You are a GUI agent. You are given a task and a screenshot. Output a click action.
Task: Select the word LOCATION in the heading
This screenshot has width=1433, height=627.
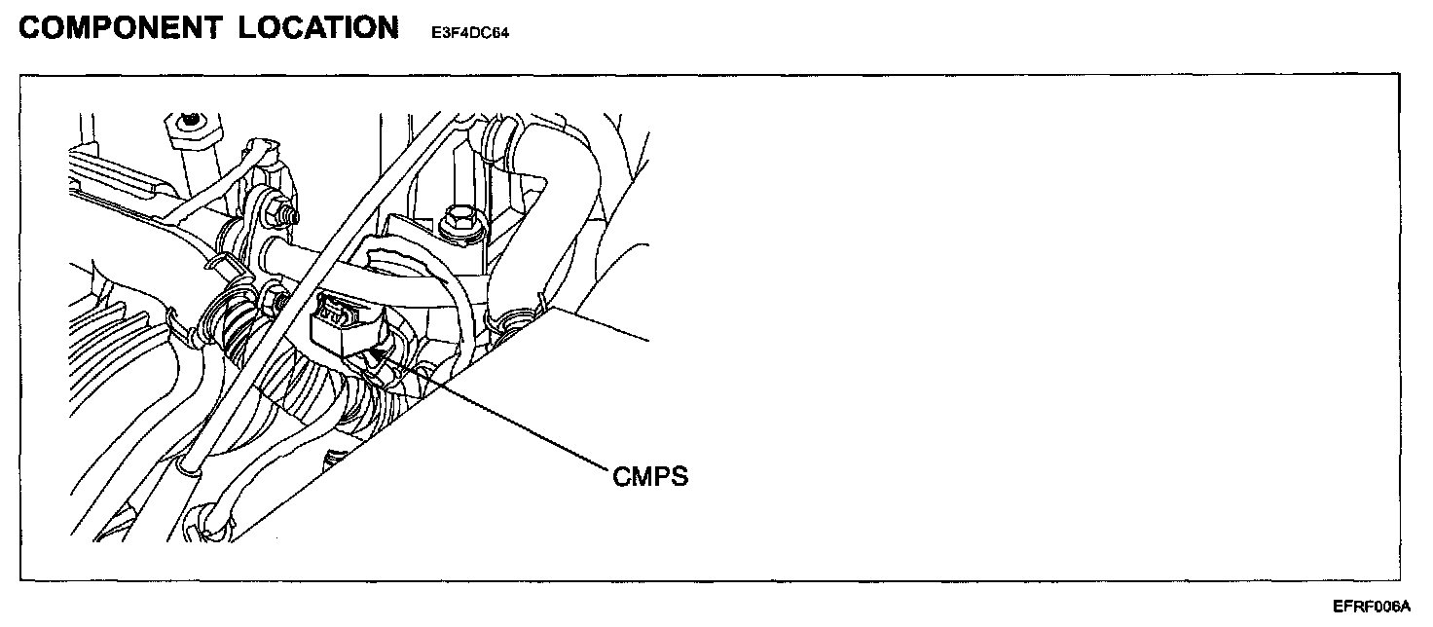coord(316,28)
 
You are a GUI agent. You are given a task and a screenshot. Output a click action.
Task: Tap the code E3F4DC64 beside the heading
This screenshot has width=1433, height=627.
coord(470,32)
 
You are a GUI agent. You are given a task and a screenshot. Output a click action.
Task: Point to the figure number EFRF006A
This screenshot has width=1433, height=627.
coord(1371,606)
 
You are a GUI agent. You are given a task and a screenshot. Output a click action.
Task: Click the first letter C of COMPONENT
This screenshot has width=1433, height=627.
coord(30,28)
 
